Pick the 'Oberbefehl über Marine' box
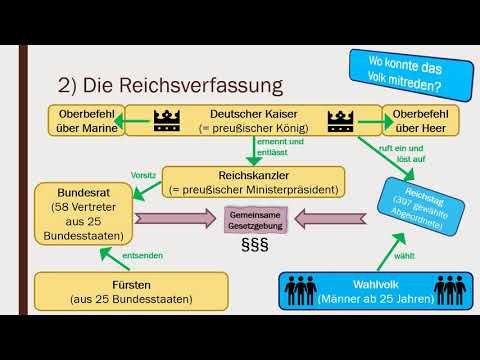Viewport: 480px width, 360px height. (83, 120)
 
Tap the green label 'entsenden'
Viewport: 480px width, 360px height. (144, 256)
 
